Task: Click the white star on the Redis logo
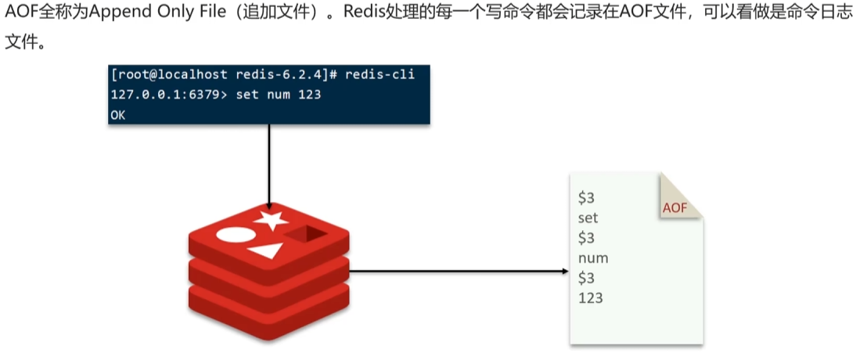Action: pos(272,218)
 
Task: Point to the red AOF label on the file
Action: pos(675,207)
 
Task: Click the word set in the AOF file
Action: pos(587,217)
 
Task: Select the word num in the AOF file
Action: pos(593,257)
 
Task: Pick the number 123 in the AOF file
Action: pos(591,297)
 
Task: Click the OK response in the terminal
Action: pos(118,114)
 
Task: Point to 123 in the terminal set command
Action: pos(310,94)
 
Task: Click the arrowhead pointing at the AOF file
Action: pos(564,272)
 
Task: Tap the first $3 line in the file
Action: pos(587,197)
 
